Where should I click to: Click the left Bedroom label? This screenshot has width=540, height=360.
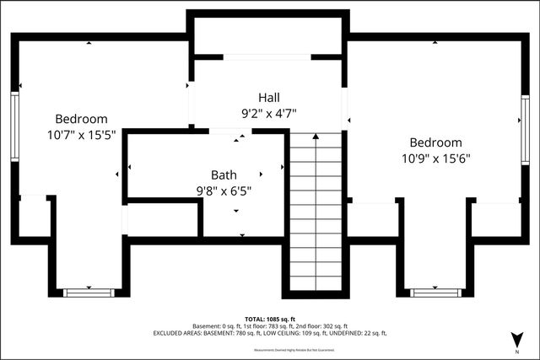(82, 119)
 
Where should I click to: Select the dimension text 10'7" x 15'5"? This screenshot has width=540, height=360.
(82, 133)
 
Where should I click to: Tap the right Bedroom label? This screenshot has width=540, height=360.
(436, 142)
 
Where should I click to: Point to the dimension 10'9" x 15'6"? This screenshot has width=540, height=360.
(436, 157)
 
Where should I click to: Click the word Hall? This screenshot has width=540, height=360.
(269, 98)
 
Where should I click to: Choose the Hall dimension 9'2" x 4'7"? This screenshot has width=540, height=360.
(269, 112)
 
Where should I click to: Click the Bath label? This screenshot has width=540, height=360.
(224, 175)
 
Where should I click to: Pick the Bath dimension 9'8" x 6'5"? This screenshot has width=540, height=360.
(224, 190)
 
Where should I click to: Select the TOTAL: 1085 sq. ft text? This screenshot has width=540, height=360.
(269, 318)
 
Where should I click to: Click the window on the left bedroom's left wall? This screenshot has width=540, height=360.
(14, 126)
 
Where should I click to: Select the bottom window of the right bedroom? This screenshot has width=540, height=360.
(435, 293)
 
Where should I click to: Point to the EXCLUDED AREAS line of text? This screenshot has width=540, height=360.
(269, 334)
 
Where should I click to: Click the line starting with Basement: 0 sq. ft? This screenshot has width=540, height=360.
(269, 325)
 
